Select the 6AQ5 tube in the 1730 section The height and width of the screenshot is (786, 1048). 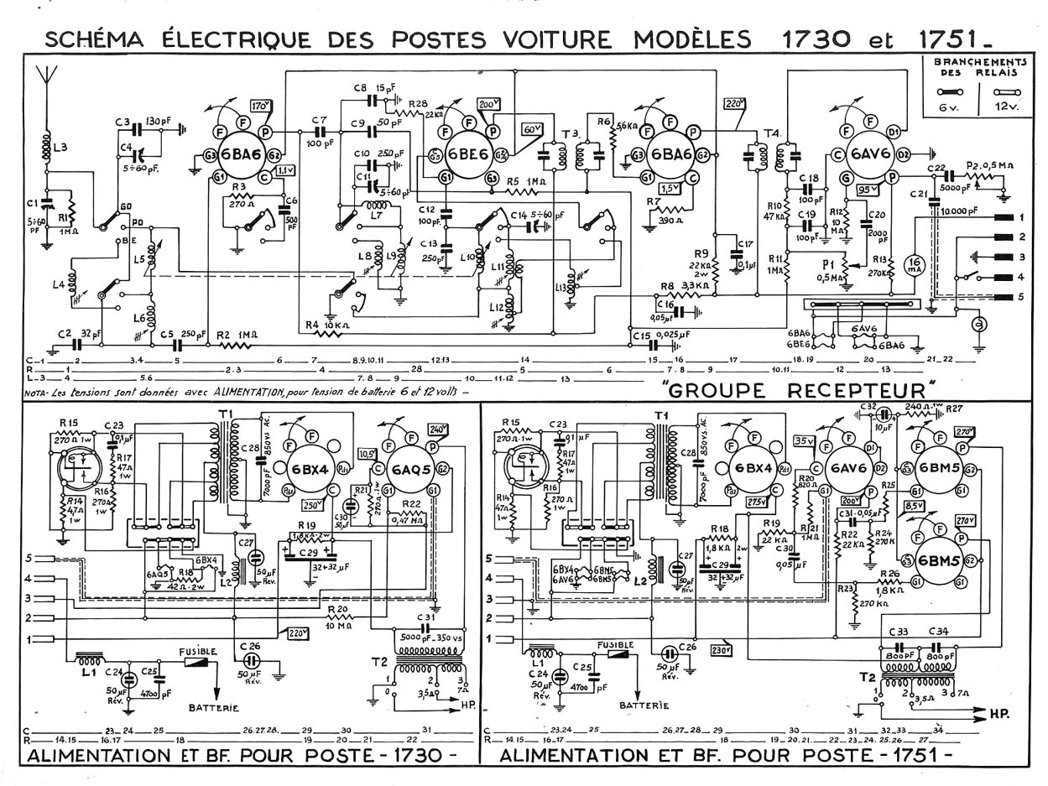412,470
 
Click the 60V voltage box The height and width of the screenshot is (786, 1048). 532,130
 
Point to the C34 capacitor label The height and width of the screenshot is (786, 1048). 939,632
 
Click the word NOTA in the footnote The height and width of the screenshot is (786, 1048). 37,392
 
